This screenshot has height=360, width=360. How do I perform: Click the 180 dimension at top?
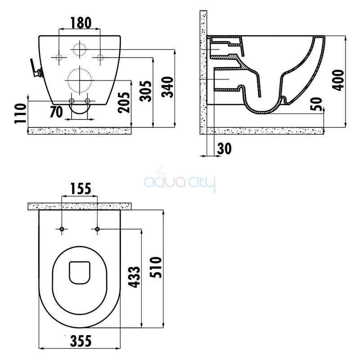[x=81, y=23]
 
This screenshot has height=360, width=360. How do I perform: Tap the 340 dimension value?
[x=167, y=87]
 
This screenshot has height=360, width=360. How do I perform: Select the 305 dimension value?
[x=146, y=91]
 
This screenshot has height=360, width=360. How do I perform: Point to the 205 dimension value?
[x=124, y=103]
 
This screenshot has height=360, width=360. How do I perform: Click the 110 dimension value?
[x=20, y=113]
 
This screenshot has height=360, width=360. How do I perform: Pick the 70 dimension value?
[x=56, y=112]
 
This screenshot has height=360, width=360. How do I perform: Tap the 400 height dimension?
[x=338, y=81]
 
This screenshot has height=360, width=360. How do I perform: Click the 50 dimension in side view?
[x=316, y=104]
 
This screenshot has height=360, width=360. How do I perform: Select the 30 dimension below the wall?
[x=224, y=148]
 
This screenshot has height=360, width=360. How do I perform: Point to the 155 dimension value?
[x=81, y=189]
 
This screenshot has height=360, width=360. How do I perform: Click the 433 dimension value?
[x=134, y=277]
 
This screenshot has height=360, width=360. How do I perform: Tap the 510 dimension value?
[x=156, y=267]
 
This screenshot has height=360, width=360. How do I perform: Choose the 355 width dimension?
[x=81, y=341]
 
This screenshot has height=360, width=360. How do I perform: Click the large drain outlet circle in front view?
[x=80, y=81]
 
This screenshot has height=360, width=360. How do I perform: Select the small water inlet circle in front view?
[x=80, y=49]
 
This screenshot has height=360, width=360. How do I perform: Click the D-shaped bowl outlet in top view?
[x=80, y=273]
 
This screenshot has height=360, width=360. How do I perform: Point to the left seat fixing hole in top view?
[x=62, y=229]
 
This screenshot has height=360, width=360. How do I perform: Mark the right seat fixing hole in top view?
[x=97, y=229]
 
